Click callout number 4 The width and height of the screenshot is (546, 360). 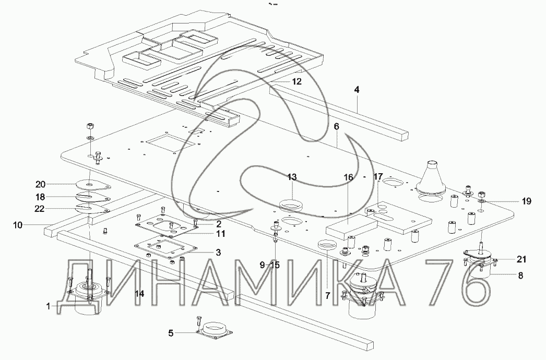coord(357,90)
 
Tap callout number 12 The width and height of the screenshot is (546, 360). coord(296,81)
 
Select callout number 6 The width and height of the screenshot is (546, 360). coord(337,127)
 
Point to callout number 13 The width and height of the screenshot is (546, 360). coord(291,177)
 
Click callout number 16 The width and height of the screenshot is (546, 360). coord(348,177)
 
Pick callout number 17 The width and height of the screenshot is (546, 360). coord(377,177)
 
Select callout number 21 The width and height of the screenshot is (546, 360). coord(521,259)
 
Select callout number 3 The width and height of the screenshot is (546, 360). coord(218,253)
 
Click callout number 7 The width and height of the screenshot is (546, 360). coord(328,295)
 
